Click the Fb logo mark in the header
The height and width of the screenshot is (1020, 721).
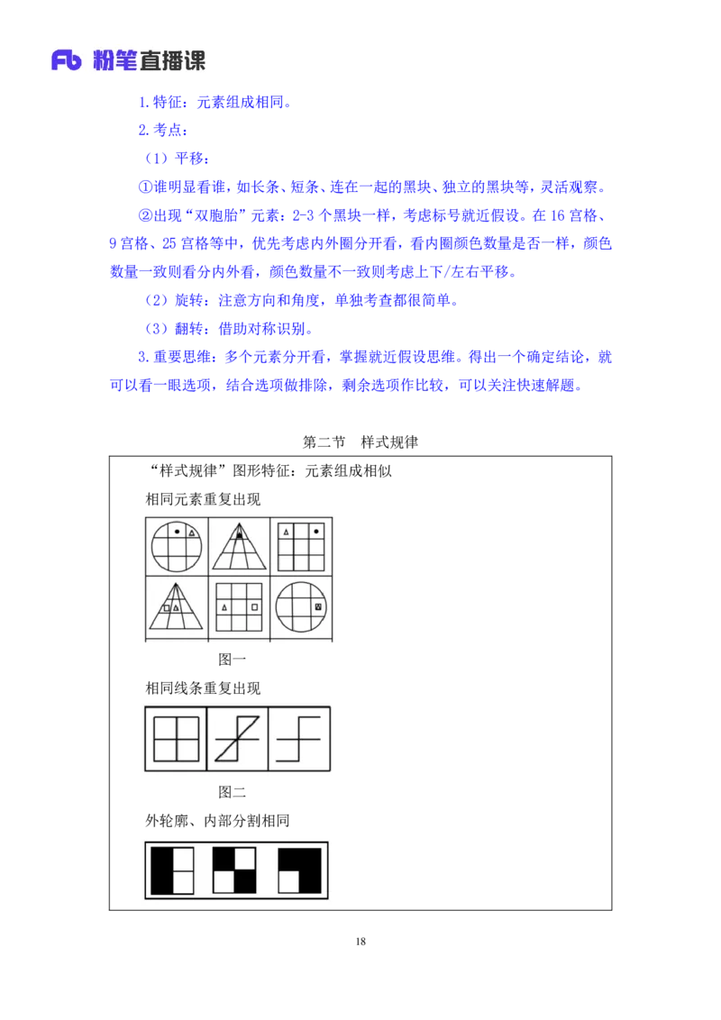(x=67, y=60)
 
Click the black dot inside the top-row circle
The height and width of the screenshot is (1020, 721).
(x=177, y=532)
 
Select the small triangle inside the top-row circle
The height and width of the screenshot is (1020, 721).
(x=192, y=533)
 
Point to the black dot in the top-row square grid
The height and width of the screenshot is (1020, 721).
(x=316, y=532)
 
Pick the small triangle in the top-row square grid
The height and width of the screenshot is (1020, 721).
(x=287, y=532)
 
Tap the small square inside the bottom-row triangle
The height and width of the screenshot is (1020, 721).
(x=167, y=607)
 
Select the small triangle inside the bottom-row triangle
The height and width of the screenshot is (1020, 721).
(x=177, y=607)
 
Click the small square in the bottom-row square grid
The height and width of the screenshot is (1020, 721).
(x=255, y=607)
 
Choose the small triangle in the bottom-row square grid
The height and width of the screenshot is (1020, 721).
(x=224, y=607)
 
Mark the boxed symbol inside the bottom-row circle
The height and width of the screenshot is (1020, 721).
(x=318, y=607)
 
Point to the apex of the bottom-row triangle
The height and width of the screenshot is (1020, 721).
(x=177, y=584)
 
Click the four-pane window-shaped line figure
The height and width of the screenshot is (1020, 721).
(x=176, y=738)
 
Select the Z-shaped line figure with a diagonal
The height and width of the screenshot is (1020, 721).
(x=238, y=739)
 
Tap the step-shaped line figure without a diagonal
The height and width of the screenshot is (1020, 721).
(x=299, y=739)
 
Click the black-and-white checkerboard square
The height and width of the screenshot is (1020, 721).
(x=234, y=870)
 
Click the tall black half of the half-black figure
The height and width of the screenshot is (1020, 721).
(x=162, y=870)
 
